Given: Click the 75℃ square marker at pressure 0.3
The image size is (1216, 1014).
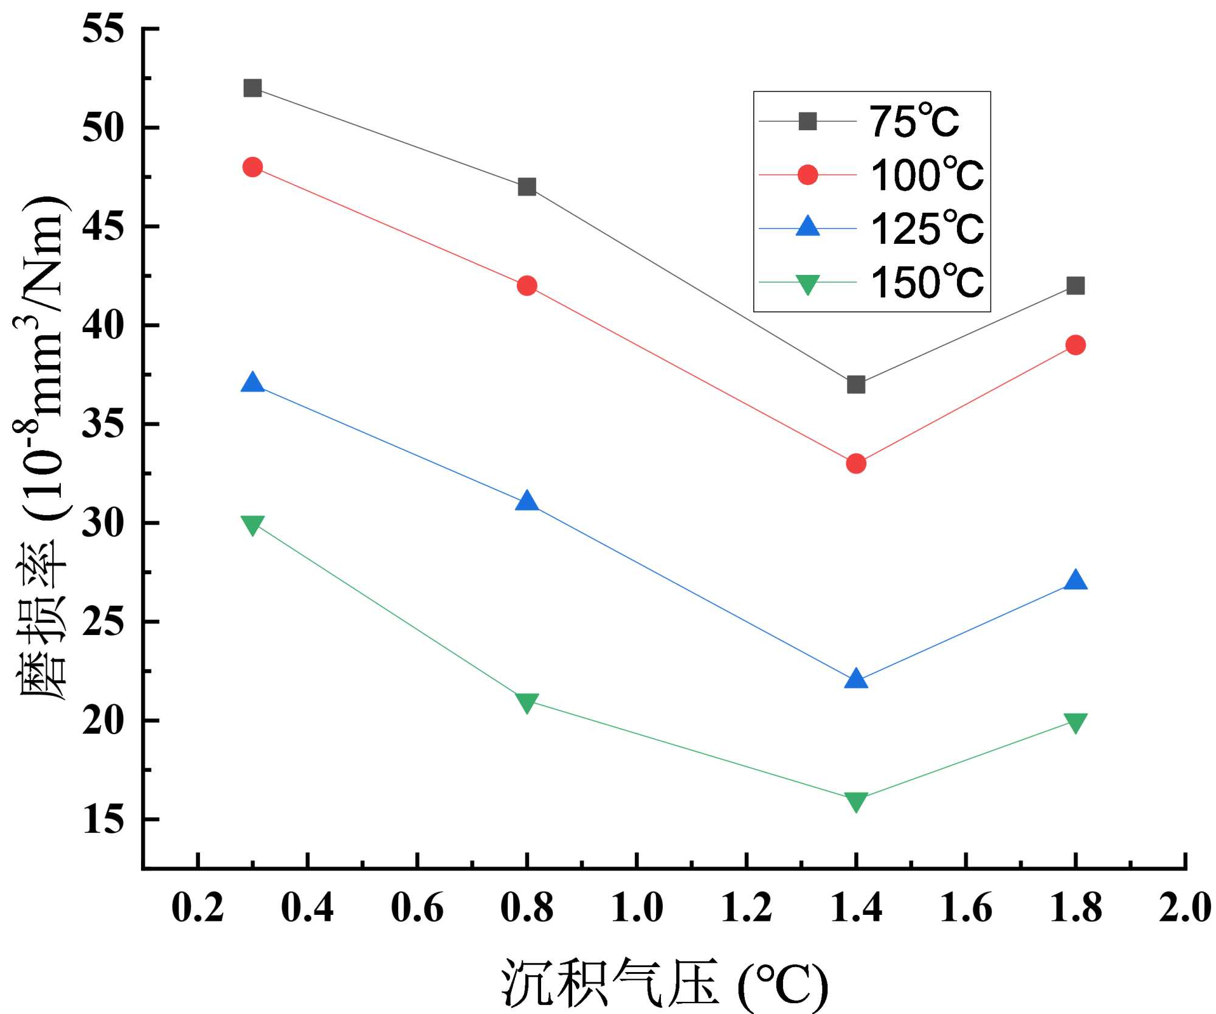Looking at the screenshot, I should click(x=252, y=88).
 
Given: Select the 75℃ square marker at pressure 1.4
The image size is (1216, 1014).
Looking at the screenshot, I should click(x=855, y=384).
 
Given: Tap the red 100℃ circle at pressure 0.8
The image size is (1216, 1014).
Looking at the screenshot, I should click(x=527, y=285).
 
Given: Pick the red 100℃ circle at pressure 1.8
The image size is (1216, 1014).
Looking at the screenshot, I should click(x=1075, y=345).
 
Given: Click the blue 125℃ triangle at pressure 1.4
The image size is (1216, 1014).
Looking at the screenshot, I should click(x=855, y=679).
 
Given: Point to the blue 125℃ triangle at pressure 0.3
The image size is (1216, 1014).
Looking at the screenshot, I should click(x=252, y=383).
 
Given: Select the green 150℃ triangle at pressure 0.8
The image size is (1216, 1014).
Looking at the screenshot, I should click(x=527, y=703).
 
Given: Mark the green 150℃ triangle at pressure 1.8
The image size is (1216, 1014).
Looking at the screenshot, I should click(x=1075, y=723).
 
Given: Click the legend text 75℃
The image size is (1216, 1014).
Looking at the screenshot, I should click(x=914, y=122).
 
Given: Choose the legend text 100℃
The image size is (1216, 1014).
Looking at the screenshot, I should click(x=927, y=175).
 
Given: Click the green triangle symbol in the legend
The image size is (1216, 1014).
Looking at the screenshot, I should click(x=807, y=283).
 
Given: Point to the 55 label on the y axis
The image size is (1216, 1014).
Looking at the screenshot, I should click(x=103, y=29).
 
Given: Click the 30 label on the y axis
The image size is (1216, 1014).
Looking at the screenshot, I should click(x=103, y=523).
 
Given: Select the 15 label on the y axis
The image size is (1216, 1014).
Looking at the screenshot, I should click(x=103, y=819).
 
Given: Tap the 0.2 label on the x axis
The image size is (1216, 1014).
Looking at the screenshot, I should click(x=198, y=908).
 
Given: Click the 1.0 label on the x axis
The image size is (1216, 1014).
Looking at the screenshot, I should click(x=637, y=908).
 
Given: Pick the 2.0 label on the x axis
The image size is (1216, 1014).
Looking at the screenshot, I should click(x=1184, y=908).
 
